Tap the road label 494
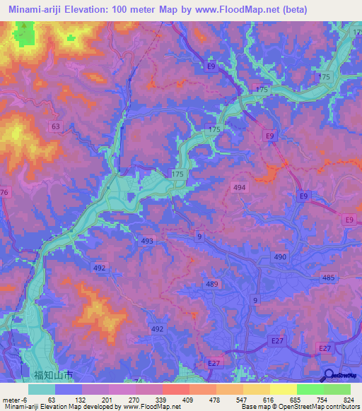[x=240, y=187]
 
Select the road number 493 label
[x=147, y=242]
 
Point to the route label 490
[x=281, y=258]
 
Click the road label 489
[x=211, y=284]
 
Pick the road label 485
[x=328, y=279]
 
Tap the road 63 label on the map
[x=55, y=126]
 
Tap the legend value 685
[x=296, y=399]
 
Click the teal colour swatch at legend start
[x=41, y=389]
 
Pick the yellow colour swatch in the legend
[x=283, y=389]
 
